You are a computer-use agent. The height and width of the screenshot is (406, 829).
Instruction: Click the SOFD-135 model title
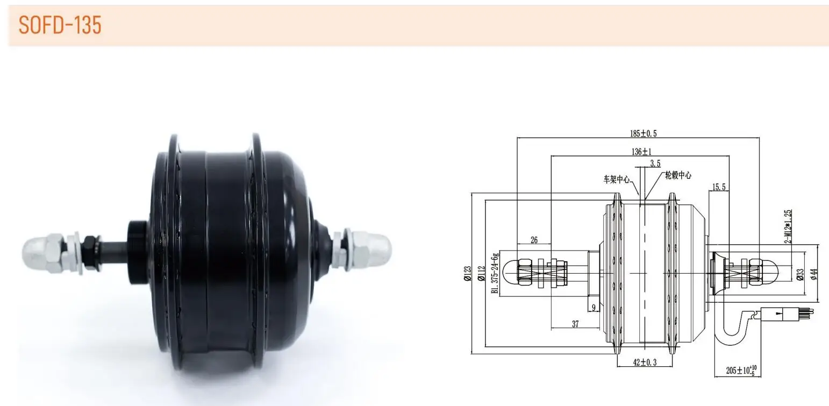click(x=60, y=25)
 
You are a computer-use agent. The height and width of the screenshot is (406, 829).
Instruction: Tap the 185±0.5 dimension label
click(x=643, y=133)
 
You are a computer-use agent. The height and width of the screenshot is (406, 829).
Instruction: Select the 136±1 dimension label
click(x=641, y=151)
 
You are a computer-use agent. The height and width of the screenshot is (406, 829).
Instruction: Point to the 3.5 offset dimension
click(x=655, y=163)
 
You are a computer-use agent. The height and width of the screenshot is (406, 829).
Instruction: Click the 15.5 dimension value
click(x=719, y=187)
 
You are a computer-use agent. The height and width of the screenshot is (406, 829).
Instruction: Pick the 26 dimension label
click(x=534, y=240)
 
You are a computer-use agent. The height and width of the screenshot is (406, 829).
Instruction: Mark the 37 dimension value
click(x=575, y=324)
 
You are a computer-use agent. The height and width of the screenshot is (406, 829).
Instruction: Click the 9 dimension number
click(x=594, y=308)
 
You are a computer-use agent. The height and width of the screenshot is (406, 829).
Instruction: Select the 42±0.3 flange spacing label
click(x=645, y=362)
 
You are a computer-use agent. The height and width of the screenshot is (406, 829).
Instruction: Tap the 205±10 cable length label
click(x=741, y=370)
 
